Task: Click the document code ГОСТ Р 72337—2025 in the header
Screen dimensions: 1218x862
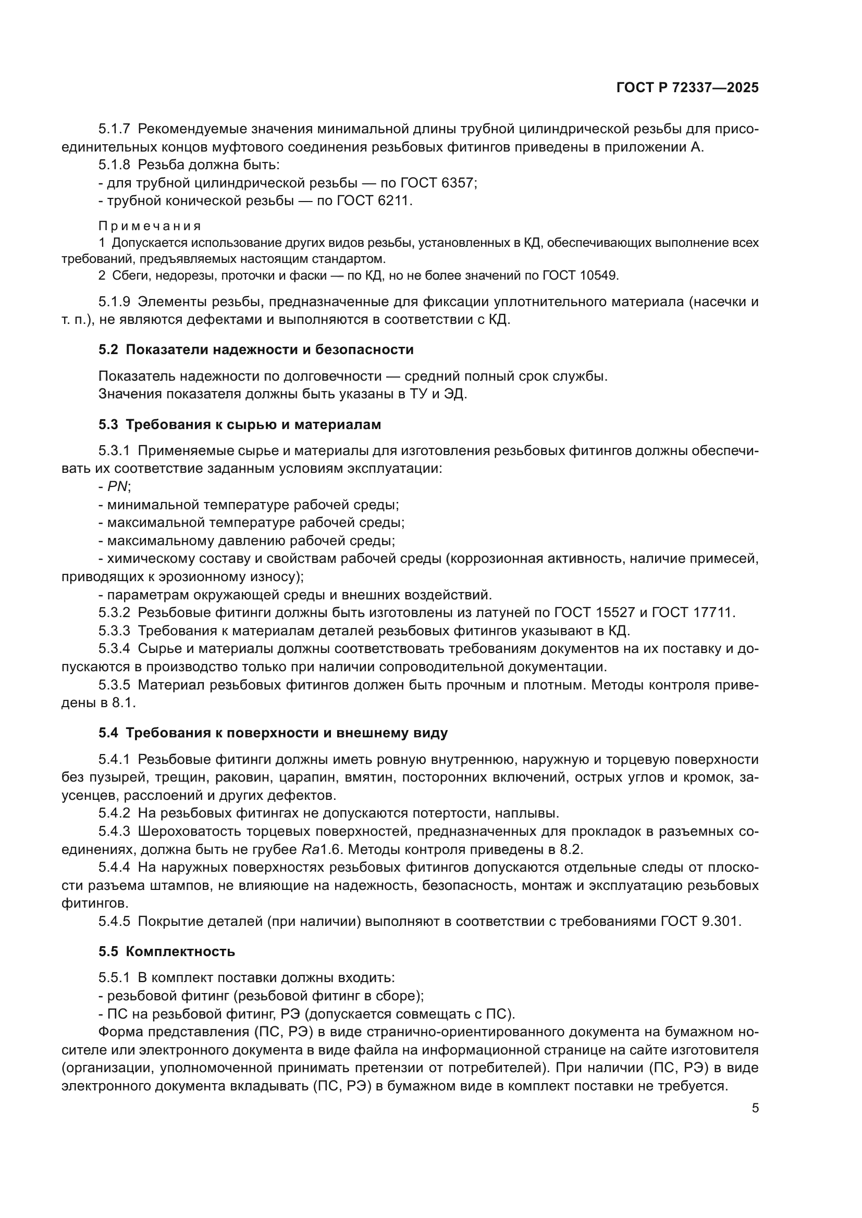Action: coord(687,88)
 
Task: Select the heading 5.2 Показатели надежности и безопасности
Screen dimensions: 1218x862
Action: coord(256,349)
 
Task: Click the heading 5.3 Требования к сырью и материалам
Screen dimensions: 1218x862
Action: coord(239,424)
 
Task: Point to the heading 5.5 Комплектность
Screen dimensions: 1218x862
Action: coord(167,951)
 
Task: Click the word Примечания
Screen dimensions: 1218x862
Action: coord(150,227)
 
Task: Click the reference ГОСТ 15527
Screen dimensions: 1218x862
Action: coord(595,613)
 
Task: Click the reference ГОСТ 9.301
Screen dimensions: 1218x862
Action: coord(700,922)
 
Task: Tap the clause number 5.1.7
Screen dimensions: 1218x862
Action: coord(114,129)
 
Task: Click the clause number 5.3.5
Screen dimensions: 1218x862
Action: coord(114,685)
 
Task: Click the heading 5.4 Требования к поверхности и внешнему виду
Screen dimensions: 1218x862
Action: coord(273,733)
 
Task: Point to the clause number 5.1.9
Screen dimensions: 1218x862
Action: coord(114,302)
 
